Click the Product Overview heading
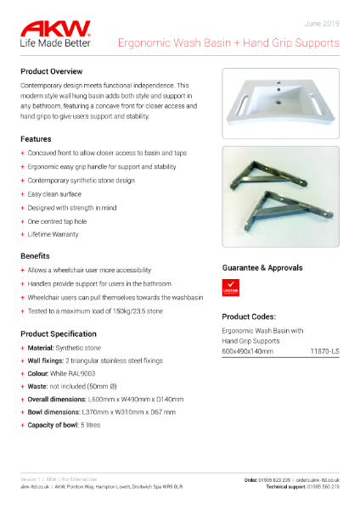coord(51,71)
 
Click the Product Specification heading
coord(63,333)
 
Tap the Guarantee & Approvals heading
coord(262,267)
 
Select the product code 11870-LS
coord(324,350)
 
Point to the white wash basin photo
coord(280,102)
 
